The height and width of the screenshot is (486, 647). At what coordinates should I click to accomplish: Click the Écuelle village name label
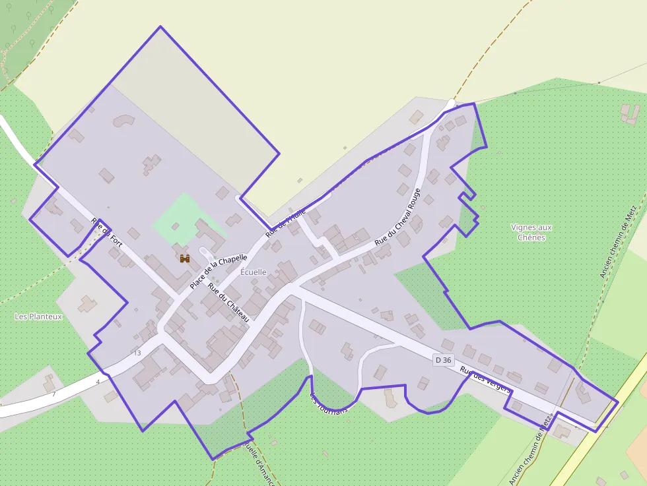(254, 272)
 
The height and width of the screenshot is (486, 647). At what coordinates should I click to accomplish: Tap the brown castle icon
(185, 258)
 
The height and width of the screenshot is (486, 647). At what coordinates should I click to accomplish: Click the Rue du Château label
(228, 302)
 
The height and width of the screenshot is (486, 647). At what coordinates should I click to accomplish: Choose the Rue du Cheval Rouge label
(397, 217)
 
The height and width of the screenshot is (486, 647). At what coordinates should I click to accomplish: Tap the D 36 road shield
(444, 359)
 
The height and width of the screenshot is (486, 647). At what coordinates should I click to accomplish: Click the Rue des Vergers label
(485, 380)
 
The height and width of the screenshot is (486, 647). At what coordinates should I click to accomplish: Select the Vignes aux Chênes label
(531, 232)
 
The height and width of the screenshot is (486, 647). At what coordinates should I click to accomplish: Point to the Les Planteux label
(38, 317)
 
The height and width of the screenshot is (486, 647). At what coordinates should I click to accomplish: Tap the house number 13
(137, 353)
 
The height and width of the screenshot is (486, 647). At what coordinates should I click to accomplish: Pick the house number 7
(54, 394)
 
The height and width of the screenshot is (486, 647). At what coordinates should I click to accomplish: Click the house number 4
(98, 382)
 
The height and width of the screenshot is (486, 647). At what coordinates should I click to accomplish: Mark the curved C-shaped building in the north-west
(123, 121)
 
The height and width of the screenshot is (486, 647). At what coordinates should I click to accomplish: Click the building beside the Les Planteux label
(87, 304)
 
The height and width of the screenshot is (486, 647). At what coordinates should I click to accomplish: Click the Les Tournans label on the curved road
(328, 403)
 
